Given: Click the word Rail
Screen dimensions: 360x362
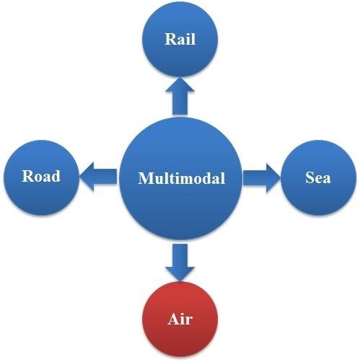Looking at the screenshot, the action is (x=180, y=39).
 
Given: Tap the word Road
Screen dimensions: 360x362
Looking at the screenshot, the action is (x=41, y=176).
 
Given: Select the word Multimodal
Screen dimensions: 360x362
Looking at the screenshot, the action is (x=182, y=178).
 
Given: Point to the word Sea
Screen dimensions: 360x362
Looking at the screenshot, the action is (x=318, y=177).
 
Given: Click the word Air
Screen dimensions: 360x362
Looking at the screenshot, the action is (x=180, y=319).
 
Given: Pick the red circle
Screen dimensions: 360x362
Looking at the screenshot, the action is (x=180, y=319).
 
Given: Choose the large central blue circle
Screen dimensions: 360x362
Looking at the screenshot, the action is (x=180, y=179).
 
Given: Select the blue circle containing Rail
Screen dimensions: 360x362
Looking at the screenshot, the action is (x=180, y=39).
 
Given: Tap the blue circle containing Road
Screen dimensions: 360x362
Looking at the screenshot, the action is (x=41, y=177).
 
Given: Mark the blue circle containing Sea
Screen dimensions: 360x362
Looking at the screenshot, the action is (x=318, y=177).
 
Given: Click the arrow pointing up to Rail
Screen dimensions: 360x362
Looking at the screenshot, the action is (x=180, y=96).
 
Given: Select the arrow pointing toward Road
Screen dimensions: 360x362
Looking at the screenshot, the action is (x=98, y=177).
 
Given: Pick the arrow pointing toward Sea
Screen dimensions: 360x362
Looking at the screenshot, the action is (x=262, y=178).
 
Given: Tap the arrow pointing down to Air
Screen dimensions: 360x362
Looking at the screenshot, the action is (x=180, y=262).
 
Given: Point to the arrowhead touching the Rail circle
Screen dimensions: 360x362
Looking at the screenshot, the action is (x=180, y=84).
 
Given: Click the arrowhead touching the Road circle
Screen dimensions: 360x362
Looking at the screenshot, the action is (x=87, y=177).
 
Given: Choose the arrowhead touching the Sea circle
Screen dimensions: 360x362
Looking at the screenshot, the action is (x=273, y=178).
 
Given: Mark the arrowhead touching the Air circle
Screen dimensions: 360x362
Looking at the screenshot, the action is (x=180, y=274).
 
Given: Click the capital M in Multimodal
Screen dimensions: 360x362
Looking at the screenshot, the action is (x=145, y=178).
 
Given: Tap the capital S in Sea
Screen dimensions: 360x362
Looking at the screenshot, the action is (x=309, y=177).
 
